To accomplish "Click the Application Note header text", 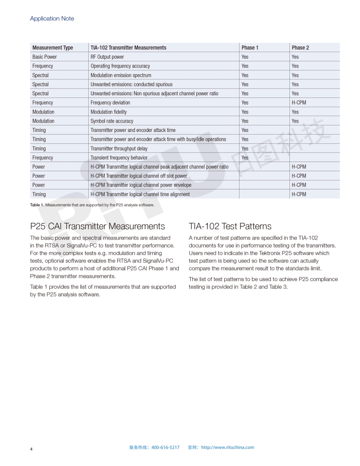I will click(52, 19).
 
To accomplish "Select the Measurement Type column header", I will click(52, 48).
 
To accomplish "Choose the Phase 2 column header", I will click(300, 48).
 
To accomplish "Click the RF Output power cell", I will click(107, 57).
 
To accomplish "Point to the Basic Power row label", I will click(45, 57).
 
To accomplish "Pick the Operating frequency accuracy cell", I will click(120, 66).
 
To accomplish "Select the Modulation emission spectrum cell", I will click(120, 75).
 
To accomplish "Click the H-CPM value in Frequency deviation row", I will click(299, 103).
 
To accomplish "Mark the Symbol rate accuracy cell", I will click(112, 121).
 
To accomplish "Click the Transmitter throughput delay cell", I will click(119, 149).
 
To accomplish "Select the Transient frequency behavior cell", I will click(119, 158).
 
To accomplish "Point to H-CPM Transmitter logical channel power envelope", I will click(141, 185).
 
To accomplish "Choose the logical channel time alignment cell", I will click(140, 194).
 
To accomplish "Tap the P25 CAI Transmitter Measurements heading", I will click(97, 226).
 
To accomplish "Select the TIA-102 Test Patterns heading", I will click(230, 226).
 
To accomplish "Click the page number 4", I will click(31, 449).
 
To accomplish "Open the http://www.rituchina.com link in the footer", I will click(228, 447).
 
